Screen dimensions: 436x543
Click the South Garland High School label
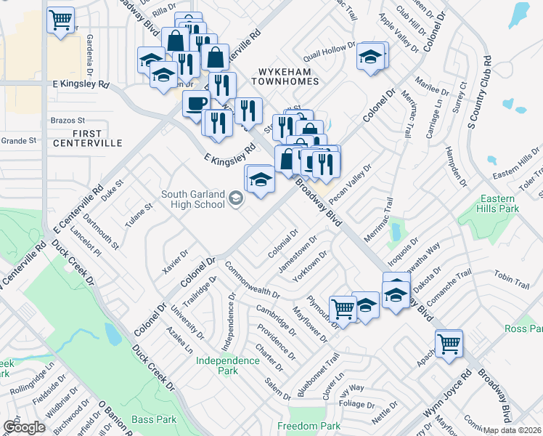click(x=192, y=198)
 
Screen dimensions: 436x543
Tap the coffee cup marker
click(x=195, y=103)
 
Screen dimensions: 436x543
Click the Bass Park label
click(x=155, y=419)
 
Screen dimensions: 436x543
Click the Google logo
click(x=23, y=427)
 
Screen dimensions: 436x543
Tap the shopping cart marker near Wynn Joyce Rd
click(x=449, y=342)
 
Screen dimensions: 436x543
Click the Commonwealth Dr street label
click(x=252, y=281)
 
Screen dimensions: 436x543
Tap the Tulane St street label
click(x=139, y=215)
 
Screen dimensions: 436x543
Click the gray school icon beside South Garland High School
click(x=235, y=198)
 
